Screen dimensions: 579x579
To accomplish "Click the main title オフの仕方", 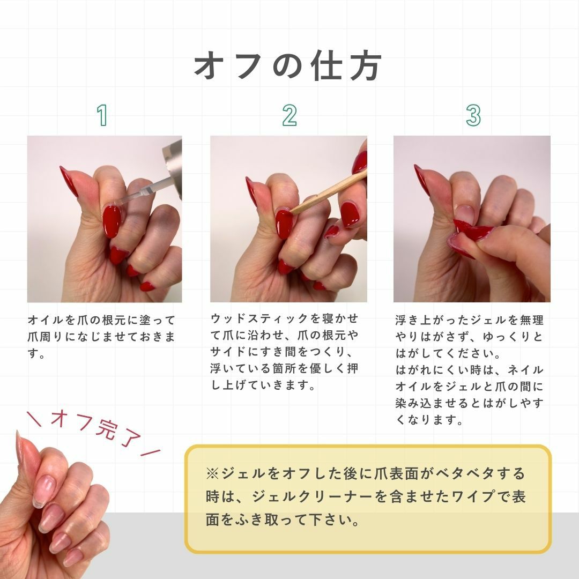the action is [288, 66].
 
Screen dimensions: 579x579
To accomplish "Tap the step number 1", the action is [102, 115].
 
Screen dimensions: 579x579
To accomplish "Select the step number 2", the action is [289, 115].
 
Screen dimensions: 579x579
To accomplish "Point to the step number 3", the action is [473, 115].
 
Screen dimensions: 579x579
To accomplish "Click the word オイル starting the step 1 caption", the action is [46, 320].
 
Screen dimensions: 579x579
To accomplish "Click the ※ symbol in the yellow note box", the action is [212, 473].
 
